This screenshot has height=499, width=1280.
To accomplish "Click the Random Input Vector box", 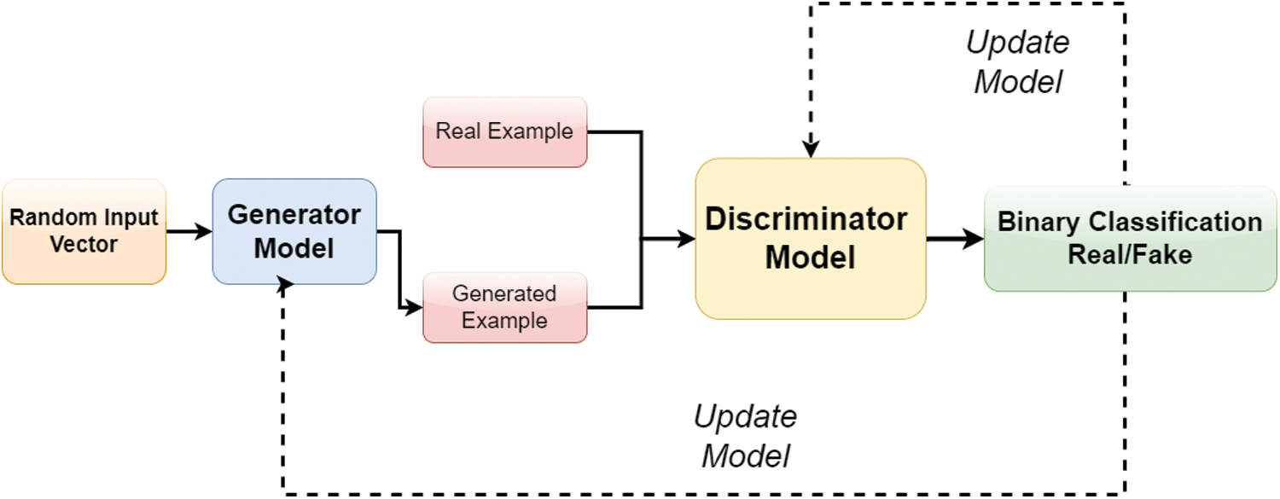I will coord(84,231).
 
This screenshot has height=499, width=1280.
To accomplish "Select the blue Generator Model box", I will coord(294,231).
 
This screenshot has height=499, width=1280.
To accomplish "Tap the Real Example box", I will coord(504,132).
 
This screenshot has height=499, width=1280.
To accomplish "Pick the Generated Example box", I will coord(504,307).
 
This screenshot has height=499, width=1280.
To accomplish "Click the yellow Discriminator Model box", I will coord(810,238).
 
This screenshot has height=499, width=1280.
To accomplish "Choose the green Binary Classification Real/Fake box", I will coord(1130,239).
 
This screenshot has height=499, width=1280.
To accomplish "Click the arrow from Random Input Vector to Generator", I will coord(189,231).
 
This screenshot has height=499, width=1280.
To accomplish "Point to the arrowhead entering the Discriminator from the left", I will coord(686,240).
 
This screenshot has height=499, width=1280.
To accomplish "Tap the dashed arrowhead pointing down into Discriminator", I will coord(812,149).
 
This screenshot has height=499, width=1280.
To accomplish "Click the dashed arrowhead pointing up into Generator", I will coord(286,285).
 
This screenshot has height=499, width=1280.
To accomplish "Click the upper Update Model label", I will coord(1018,62).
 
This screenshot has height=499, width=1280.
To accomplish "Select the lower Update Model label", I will coord(745,436).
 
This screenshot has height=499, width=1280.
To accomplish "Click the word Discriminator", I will coord(806,219).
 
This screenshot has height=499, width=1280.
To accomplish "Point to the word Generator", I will coord(294,214).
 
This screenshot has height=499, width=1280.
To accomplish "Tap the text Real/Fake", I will coord(1130,254).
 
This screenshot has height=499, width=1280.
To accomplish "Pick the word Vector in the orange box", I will coord(84,246).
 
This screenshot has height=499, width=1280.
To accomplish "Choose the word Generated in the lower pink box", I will coord(504,294).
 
